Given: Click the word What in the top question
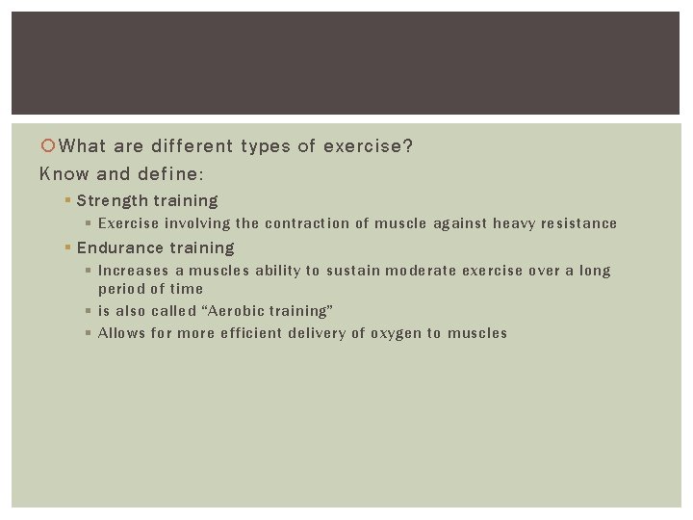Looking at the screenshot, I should (83, 146).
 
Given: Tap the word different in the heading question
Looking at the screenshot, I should (189, 146).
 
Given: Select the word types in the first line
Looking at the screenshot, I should (267, 146).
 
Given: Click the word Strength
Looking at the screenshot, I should (112, 200).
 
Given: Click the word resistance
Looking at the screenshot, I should (578, 223).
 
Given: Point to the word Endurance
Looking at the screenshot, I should (119, 247).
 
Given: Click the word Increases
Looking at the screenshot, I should (133, 271).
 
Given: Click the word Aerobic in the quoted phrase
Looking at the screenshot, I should (240, 311).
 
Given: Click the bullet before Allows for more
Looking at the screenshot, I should (88, 333).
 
